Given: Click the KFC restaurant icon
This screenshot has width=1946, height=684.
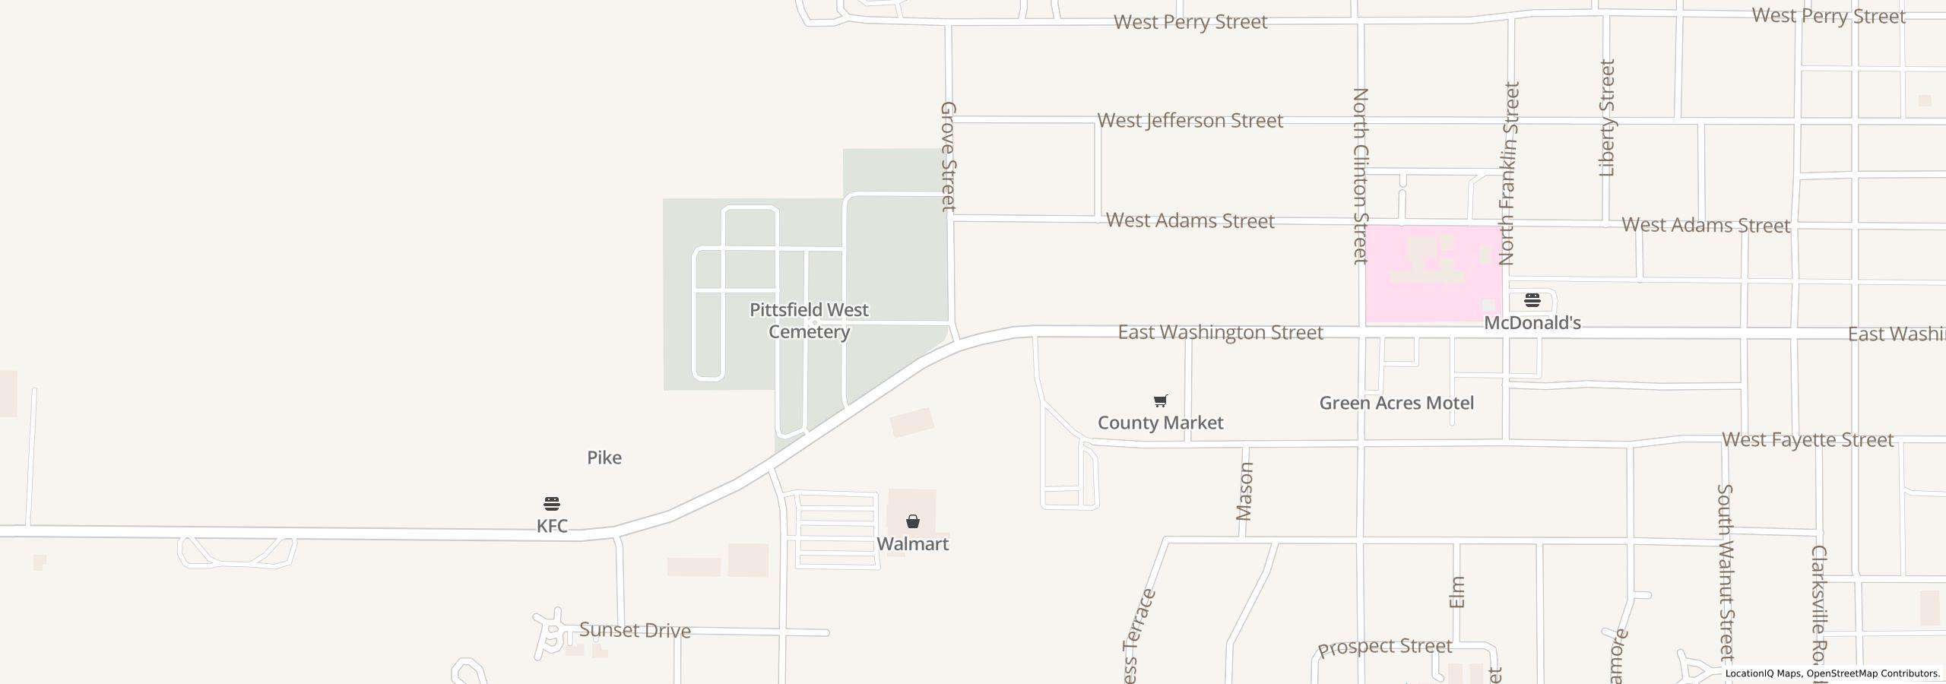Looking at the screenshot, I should [x=552, y=503].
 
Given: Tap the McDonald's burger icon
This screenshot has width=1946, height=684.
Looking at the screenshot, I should [x=1532, y=299].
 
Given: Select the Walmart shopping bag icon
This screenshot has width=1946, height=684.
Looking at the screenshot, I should [x=912, y=521].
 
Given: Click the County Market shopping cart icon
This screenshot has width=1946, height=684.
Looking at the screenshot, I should [x=1160, y=401].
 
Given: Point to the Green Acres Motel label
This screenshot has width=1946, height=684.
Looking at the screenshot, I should [x=1396, y=403].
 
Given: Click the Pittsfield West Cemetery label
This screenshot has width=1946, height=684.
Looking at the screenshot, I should [x=809, y=321].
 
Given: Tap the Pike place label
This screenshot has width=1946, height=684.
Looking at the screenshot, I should [x=604, y=458].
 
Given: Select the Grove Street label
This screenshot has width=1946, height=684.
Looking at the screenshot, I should [x=948, y=156].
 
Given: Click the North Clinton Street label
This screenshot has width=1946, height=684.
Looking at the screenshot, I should [x=1360, y=176].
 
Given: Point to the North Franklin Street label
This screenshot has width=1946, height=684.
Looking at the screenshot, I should [x=1509, y=173].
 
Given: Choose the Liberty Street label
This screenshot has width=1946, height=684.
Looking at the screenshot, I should [x=1606, y=118].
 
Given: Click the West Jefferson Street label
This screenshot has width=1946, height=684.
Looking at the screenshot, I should [x=1190, y=120].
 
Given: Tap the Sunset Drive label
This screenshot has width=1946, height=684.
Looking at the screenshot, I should [x=635, y=630].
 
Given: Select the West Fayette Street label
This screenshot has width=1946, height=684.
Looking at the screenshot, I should [x=1807, y=439].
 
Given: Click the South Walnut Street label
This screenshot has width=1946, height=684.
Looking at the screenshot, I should [x=1726, y=572].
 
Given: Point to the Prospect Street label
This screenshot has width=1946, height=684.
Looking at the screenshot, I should [x=1384, y=648].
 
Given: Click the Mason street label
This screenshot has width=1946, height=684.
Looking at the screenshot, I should [x=1244, y=491].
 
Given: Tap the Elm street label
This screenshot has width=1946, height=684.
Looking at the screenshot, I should [x=1456, y=592].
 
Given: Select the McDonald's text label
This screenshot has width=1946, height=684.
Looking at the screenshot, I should [x=1532, y=323].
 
